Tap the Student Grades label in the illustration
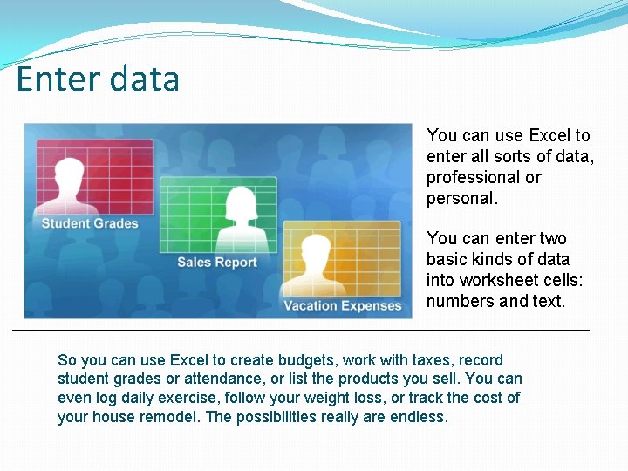tap(90, 223)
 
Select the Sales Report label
tap(217, 263)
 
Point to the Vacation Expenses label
tap(342, 305)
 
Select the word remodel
tap(172, 417)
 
